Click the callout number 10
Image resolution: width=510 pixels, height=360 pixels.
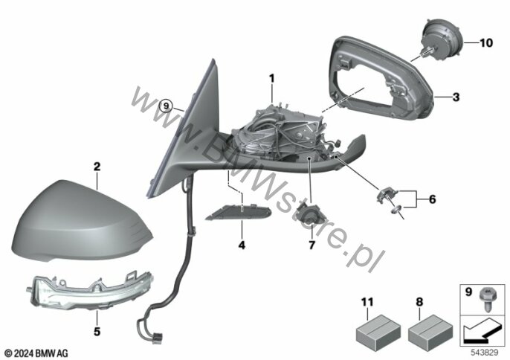point(486,43)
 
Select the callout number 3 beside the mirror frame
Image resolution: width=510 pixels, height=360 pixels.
point(456,97)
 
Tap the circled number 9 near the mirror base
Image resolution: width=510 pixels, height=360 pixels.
point(167,106)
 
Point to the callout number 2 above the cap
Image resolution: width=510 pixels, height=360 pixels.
point(97,167)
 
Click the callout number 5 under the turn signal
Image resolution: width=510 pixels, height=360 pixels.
point(97,332)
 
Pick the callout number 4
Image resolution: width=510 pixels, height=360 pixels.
point(242,245)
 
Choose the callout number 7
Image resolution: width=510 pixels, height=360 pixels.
point(312,245)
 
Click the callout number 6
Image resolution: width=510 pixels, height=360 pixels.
point(432,199)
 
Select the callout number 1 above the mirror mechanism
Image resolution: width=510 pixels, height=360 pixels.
point(271,79)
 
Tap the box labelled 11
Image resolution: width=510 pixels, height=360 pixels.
point(378,330)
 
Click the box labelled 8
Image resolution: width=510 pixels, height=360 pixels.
point(430,330)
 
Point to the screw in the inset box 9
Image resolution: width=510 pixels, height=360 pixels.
point(487,299)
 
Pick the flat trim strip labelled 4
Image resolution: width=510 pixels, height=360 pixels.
point(239,212)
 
